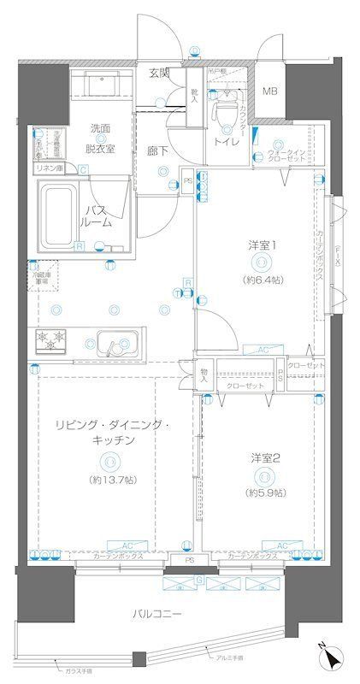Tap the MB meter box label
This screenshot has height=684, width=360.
click(x=269, y=91)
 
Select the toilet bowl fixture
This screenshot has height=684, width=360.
click(x=226, y=109)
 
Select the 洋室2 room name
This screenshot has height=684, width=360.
click(x=264, y=457)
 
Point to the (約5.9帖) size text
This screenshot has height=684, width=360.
click(x=264, y=493)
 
